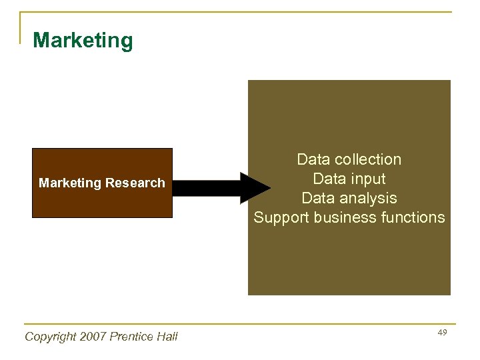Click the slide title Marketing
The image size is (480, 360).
point(83,41)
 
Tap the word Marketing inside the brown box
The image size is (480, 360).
point(69,183)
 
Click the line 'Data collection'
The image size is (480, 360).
point(349,160)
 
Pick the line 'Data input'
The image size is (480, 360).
point(349,179)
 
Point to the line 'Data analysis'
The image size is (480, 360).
point(349,199)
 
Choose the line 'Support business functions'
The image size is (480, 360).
point(349,217)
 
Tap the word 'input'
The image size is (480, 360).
point(368,179)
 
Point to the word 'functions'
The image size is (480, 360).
point(413,217)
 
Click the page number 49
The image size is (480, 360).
point(443,332)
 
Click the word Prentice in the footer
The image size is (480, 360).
point(133,337)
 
